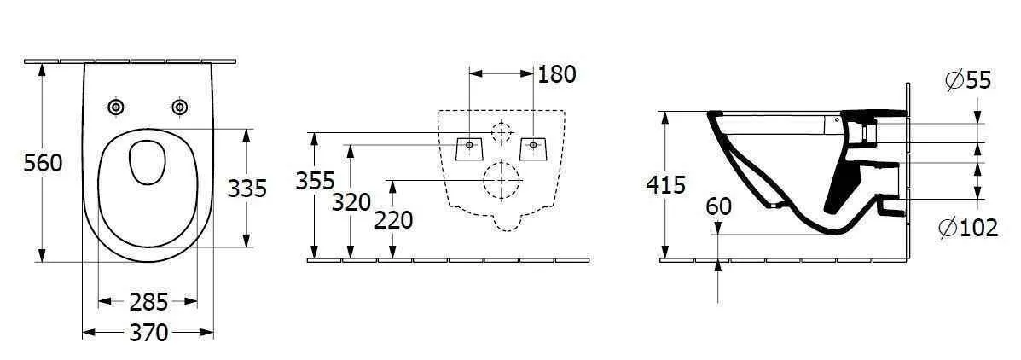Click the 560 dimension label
[x=43, y=163]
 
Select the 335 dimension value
[x=247, y=188]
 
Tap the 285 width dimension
[x=148, y=301]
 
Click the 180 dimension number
[x=557, y=74]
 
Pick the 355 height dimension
[x=316, y=181]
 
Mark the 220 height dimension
[x=393, y=220]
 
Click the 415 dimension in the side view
[x=667, y=184]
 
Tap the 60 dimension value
[x=719, y=206]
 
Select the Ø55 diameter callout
[x=968, y=80]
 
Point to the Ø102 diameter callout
[x=967, y=228]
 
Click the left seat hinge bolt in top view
[x=116, y=107]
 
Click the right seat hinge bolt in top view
[x=179, y=107]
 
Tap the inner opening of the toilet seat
[x=147, y=162]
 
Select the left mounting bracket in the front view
[x=468, y=148]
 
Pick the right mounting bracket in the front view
[x=533, y=148]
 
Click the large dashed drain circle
[x=502, y=182]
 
